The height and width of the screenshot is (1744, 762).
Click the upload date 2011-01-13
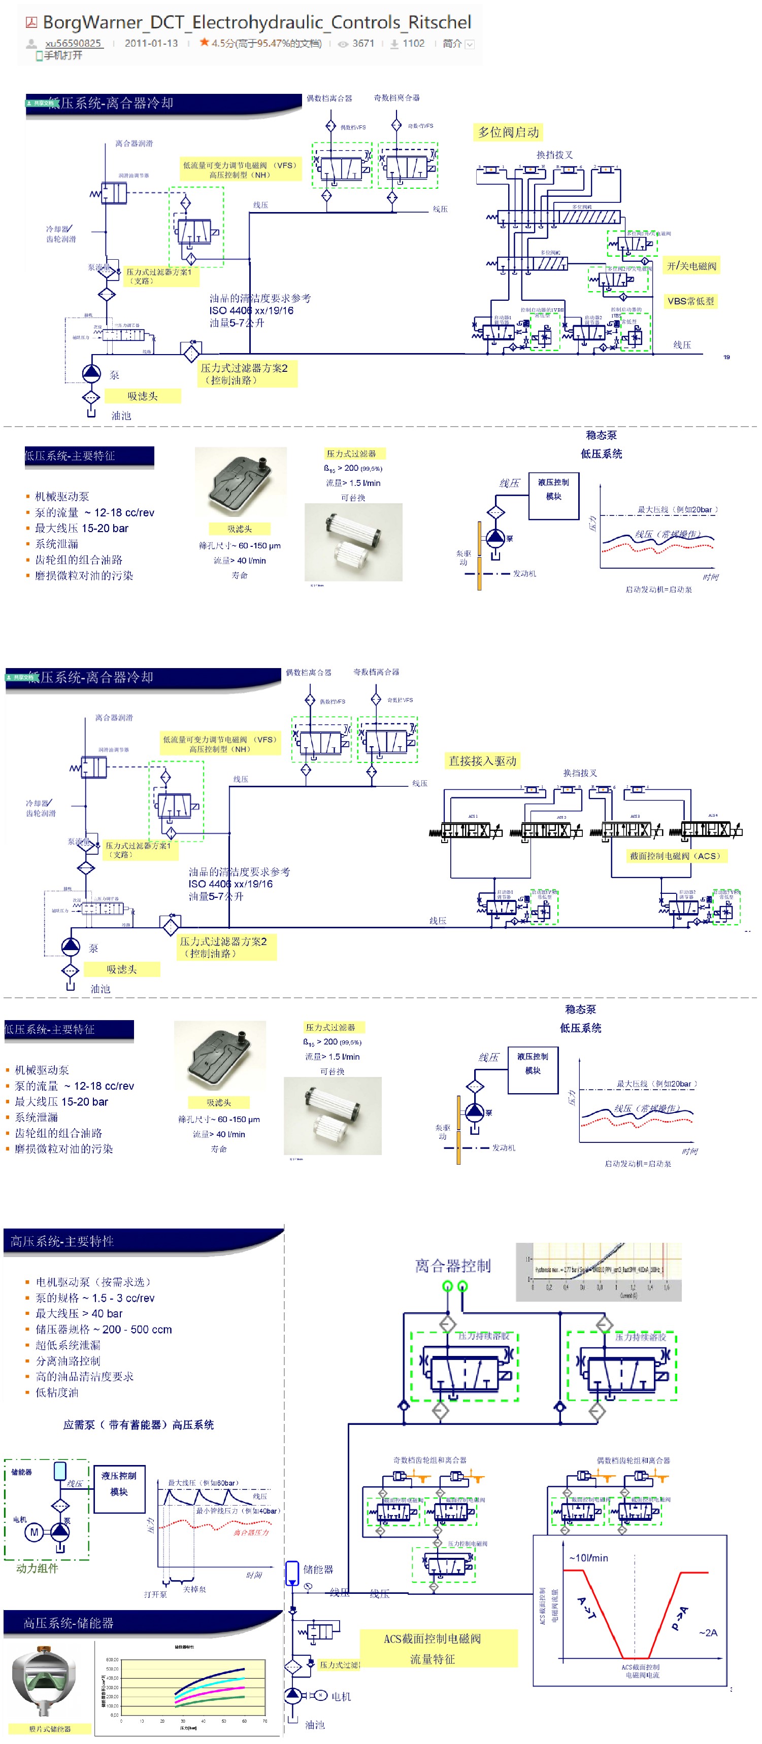click(151, 43)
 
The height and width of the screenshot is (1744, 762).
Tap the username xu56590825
click(73, 43)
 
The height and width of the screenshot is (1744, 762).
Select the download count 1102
click(413, 43)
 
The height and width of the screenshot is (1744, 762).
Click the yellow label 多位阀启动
click(509, 132)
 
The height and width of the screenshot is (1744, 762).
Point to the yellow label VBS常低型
click(690, 301)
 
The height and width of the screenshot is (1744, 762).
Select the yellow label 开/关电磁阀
click(691, 265)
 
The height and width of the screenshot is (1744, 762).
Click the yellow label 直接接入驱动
click(482, 761)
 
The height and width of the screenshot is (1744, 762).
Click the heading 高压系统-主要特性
click(62, 1241)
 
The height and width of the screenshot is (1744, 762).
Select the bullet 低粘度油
click(57, 1392)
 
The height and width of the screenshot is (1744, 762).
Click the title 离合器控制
click(452, 1265)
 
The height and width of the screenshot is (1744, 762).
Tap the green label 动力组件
click(37, 1568)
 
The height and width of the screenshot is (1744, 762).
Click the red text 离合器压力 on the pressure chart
click(251, 1532)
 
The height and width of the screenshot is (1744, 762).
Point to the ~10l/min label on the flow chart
click(588, 1558)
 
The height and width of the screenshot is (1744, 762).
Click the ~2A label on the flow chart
click(708, 1632)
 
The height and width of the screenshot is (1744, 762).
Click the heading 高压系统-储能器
click(69, 1623)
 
